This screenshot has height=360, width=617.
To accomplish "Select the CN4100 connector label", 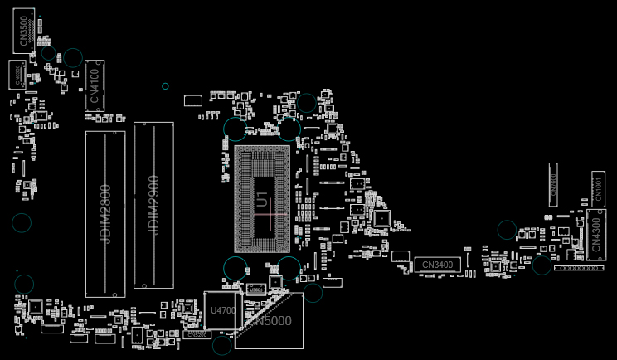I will [95, 85].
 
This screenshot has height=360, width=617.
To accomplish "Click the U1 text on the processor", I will [262, 199].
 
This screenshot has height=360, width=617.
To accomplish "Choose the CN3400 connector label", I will [437, 265].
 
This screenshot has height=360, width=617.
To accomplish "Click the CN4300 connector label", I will [595, 234].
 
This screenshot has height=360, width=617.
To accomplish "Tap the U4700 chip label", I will [223, 310].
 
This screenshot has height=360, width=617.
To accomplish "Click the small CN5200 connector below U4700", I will [197, 335].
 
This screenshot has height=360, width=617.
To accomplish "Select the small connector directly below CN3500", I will [17, 73].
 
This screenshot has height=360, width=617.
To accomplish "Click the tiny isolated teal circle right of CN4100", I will [165, 86].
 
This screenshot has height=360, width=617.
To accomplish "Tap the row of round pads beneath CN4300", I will [579, 267].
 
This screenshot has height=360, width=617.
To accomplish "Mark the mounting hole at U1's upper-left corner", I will [235, 129].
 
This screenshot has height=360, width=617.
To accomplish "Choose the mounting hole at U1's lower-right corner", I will [289, 267].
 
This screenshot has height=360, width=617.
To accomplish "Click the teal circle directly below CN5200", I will [221, 346].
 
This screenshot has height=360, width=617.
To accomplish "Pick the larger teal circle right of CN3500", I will [73, 57].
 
